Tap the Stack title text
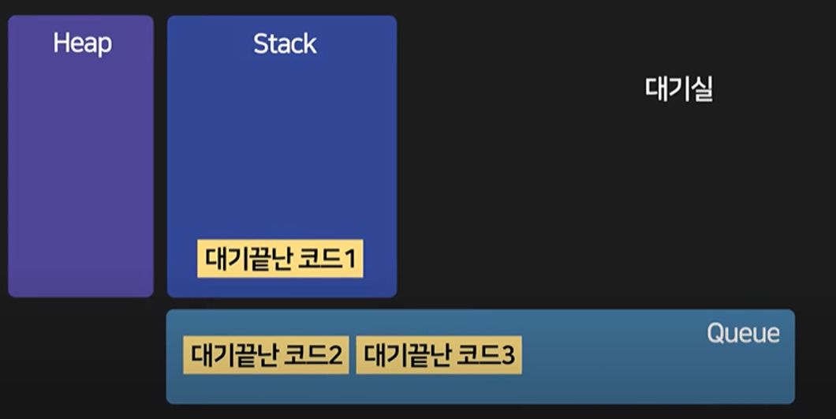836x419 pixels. [x=285, y=44]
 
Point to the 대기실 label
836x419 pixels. [x=679, y=89]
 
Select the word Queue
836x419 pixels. [x=743, y=334]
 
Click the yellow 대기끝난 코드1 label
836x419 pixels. [x=280, y=259]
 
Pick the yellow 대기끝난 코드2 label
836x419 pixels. [x=266, y=357]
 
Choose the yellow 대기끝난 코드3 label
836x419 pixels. [x=439, y=357]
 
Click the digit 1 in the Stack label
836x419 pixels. [x=353, y=259]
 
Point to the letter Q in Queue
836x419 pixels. [x=715, y=334]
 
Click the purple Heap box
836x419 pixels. [x=80, y=174]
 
